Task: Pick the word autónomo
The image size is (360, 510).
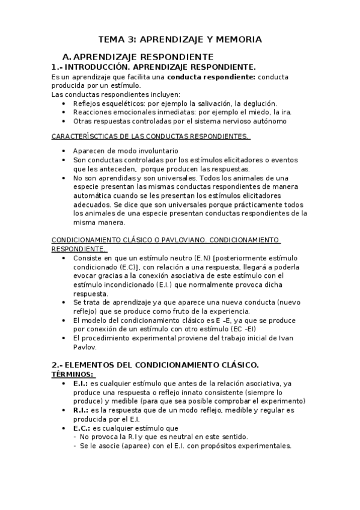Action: click(x=267, y=120)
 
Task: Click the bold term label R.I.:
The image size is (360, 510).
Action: click(x=81, y=410)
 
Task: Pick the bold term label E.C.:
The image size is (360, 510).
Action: click(x=81, y=428)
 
